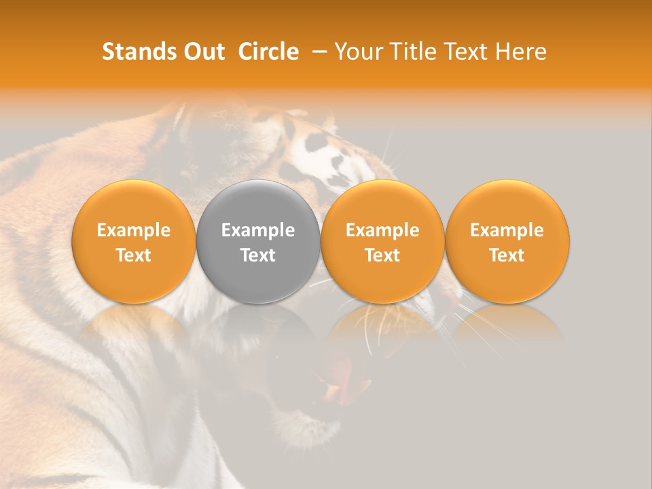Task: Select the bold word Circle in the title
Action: [x=268, y=52]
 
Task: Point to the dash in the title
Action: [x=316, y=52]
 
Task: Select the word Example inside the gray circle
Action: [x=258, y=230]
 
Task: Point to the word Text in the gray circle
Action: [x=258, y=255]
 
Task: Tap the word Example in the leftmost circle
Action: [x=133, y=230]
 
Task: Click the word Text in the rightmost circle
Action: [x=507, y=255]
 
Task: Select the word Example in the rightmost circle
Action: [x=507, y=230]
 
